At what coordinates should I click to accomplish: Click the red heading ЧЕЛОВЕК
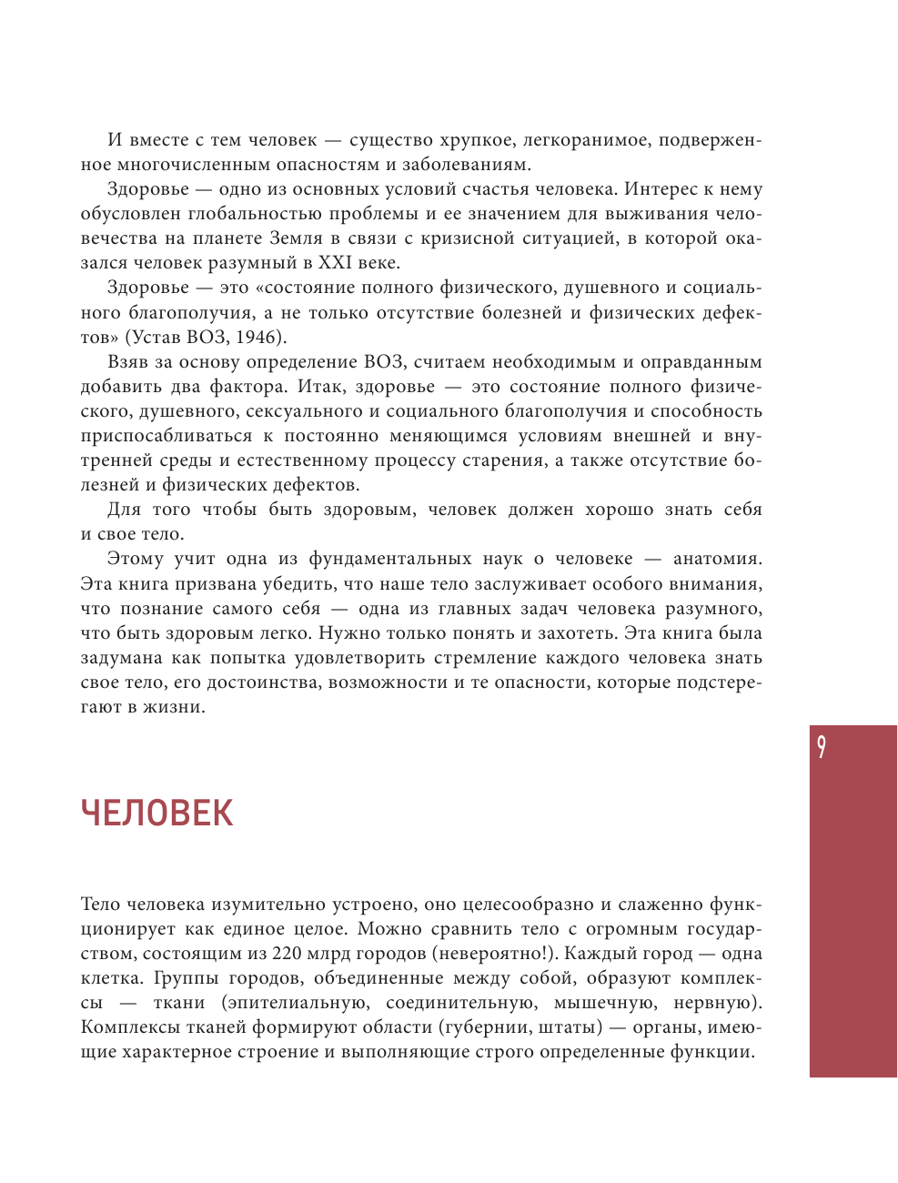156,814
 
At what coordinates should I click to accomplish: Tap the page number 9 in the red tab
822,747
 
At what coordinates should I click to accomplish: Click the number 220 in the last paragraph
288,954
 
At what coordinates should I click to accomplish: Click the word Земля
296,239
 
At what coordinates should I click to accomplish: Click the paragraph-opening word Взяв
127,362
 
